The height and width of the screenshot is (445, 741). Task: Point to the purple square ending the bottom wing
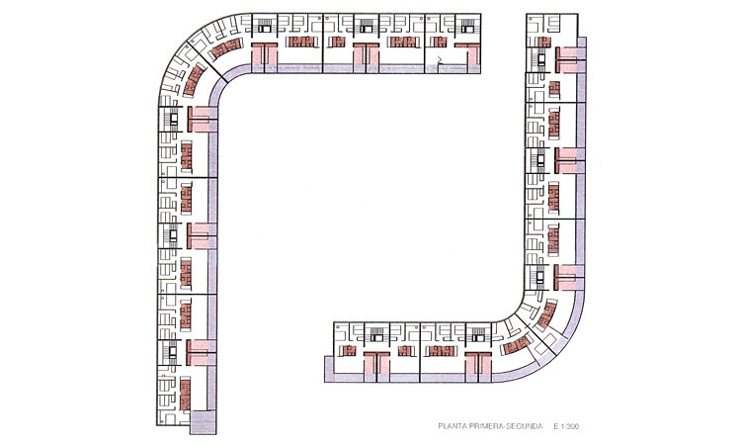click(329, 369)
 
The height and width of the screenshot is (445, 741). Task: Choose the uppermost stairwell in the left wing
click(173, 119)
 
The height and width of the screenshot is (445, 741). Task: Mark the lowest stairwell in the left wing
click(173, 352)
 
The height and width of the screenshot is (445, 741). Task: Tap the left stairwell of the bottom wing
click(376, 334)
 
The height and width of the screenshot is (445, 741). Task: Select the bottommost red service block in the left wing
click(186, 394)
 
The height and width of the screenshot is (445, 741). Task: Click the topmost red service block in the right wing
click(543, 43)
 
